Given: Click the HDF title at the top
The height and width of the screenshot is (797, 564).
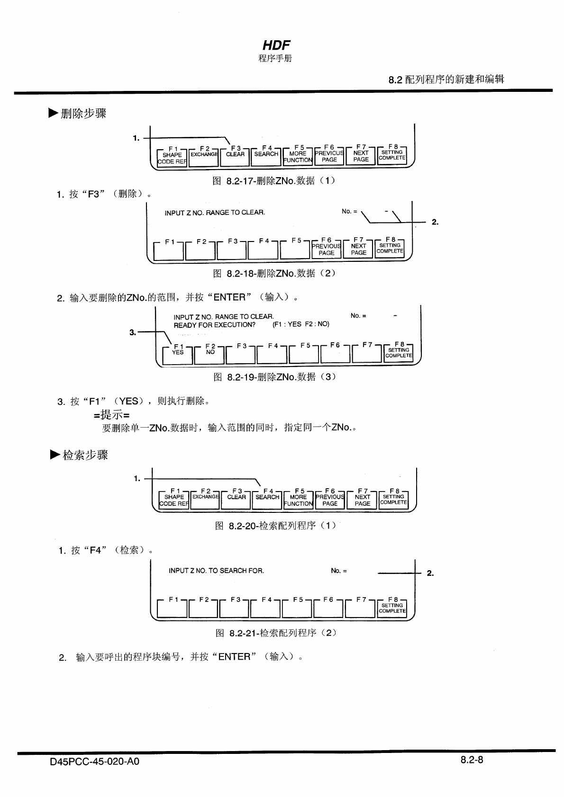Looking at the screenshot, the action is click(276, 45).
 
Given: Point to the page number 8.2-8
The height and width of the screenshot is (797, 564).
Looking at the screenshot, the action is click(471, 760).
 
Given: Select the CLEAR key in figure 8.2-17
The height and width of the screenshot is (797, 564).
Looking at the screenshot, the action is click(235, 157).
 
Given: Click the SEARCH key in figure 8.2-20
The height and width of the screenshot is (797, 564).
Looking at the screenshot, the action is click(267, 500).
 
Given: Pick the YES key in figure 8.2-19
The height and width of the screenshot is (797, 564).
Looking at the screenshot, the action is click(178, 355).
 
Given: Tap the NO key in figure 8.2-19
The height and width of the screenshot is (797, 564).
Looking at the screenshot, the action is click(210, 355).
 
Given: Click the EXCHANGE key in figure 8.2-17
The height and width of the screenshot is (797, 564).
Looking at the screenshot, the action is click(204, 157).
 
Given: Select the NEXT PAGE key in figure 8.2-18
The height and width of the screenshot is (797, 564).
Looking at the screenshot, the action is click(358, 250).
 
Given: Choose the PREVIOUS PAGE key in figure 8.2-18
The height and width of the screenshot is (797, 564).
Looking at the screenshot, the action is click(326, 250).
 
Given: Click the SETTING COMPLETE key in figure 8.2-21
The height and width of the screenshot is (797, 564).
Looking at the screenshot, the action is click(392, 608).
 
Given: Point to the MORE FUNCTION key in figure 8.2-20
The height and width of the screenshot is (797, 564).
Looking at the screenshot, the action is click(298, 500).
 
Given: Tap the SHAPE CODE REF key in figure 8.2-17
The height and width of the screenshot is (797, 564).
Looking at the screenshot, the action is click(172, 158).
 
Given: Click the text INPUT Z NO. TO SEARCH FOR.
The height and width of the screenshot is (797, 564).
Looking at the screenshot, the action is click(216, 571).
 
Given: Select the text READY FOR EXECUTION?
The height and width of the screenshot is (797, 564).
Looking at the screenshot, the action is click(214, 325).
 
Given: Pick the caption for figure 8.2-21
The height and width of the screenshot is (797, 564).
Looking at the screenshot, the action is click(276, 633).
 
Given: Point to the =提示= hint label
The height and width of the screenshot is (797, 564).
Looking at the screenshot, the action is click(111, 415).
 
